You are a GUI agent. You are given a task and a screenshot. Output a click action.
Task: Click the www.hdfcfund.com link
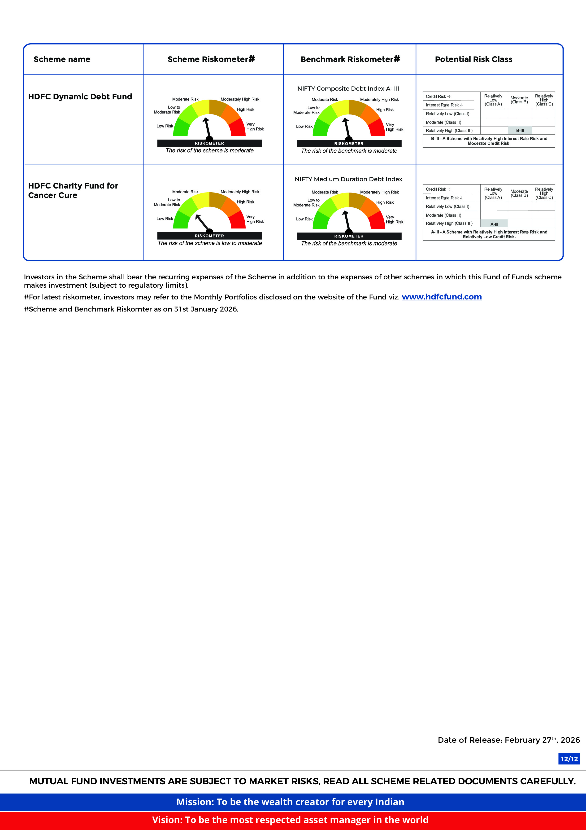(x=442, y=297)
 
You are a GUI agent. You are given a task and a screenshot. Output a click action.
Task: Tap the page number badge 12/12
(x=569, y=759)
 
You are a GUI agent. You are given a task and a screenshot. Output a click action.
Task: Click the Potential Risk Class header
(x=473, y=59)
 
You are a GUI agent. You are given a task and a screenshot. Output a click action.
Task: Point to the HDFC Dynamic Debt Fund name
(x=80, y=97)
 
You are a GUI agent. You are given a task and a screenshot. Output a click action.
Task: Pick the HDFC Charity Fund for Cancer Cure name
(x=73, y=190)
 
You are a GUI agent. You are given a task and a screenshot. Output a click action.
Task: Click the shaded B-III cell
(x=520, y=131)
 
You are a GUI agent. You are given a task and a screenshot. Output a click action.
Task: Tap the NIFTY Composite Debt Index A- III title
(x=348, y=88)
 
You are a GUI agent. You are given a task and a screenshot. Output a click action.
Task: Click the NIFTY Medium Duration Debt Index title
(x=348, y=179)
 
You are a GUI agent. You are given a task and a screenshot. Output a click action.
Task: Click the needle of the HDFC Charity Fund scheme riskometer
(x=202, y=222)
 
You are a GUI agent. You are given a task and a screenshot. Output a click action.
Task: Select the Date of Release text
(x=508, y=740)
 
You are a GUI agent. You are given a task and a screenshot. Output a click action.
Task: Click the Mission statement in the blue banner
(x=290, y=802)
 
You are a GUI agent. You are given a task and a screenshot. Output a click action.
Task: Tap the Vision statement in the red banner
(x=290, y=820)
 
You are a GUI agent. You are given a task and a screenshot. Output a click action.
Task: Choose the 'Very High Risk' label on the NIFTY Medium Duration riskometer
(x=394, y=220)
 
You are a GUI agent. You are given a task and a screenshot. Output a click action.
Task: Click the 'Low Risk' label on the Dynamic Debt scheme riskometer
(x=165, y=126)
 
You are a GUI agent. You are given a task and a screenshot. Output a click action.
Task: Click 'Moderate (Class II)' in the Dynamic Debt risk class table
(x=443, y=122)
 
